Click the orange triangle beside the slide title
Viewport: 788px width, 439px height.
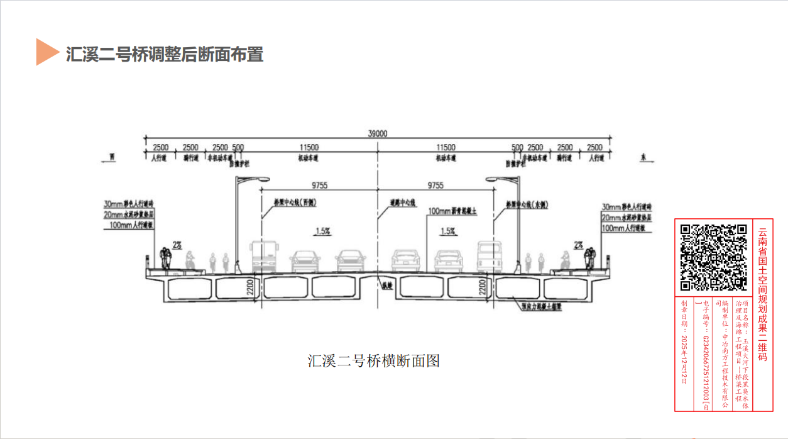(x=46, y=52)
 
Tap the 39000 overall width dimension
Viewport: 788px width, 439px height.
(x=378, y=133)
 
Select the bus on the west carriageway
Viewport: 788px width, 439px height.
(x=264, y=256)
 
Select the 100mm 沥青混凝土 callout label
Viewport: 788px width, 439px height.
(x=452, y=211)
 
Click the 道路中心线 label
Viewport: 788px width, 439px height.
(x=402, y=203)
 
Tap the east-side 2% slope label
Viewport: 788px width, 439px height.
(x=577, y=244)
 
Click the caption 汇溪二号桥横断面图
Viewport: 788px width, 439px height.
(x=373, y=361)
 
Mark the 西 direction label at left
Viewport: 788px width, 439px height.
(x=112, y=158)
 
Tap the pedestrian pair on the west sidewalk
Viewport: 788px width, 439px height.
(x=167, y=257)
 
